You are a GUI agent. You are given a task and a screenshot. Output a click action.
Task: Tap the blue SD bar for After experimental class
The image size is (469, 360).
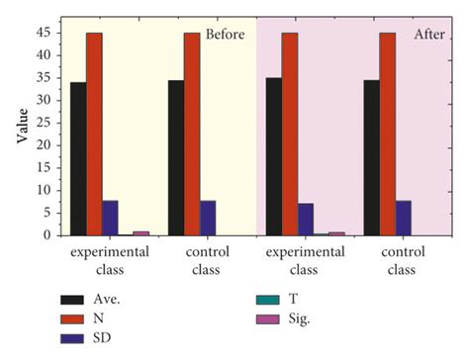[306, 220]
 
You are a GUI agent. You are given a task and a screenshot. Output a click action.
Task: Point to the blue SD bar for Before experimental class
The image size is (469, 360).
[110, 218]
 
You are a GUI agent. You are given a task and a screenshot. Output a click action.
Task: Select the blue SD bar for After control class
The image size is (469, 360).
[404, 218]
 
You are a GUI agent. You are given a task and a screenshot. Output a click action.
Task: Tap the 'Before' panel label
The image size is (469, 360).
[225, 35]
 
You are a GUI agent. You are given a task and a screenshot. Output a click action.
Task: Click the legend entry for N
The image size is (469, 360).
[97, 319]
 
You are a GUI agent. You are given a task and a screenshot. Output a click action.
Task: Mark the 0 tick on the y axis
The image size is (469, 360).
[47, 235]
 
